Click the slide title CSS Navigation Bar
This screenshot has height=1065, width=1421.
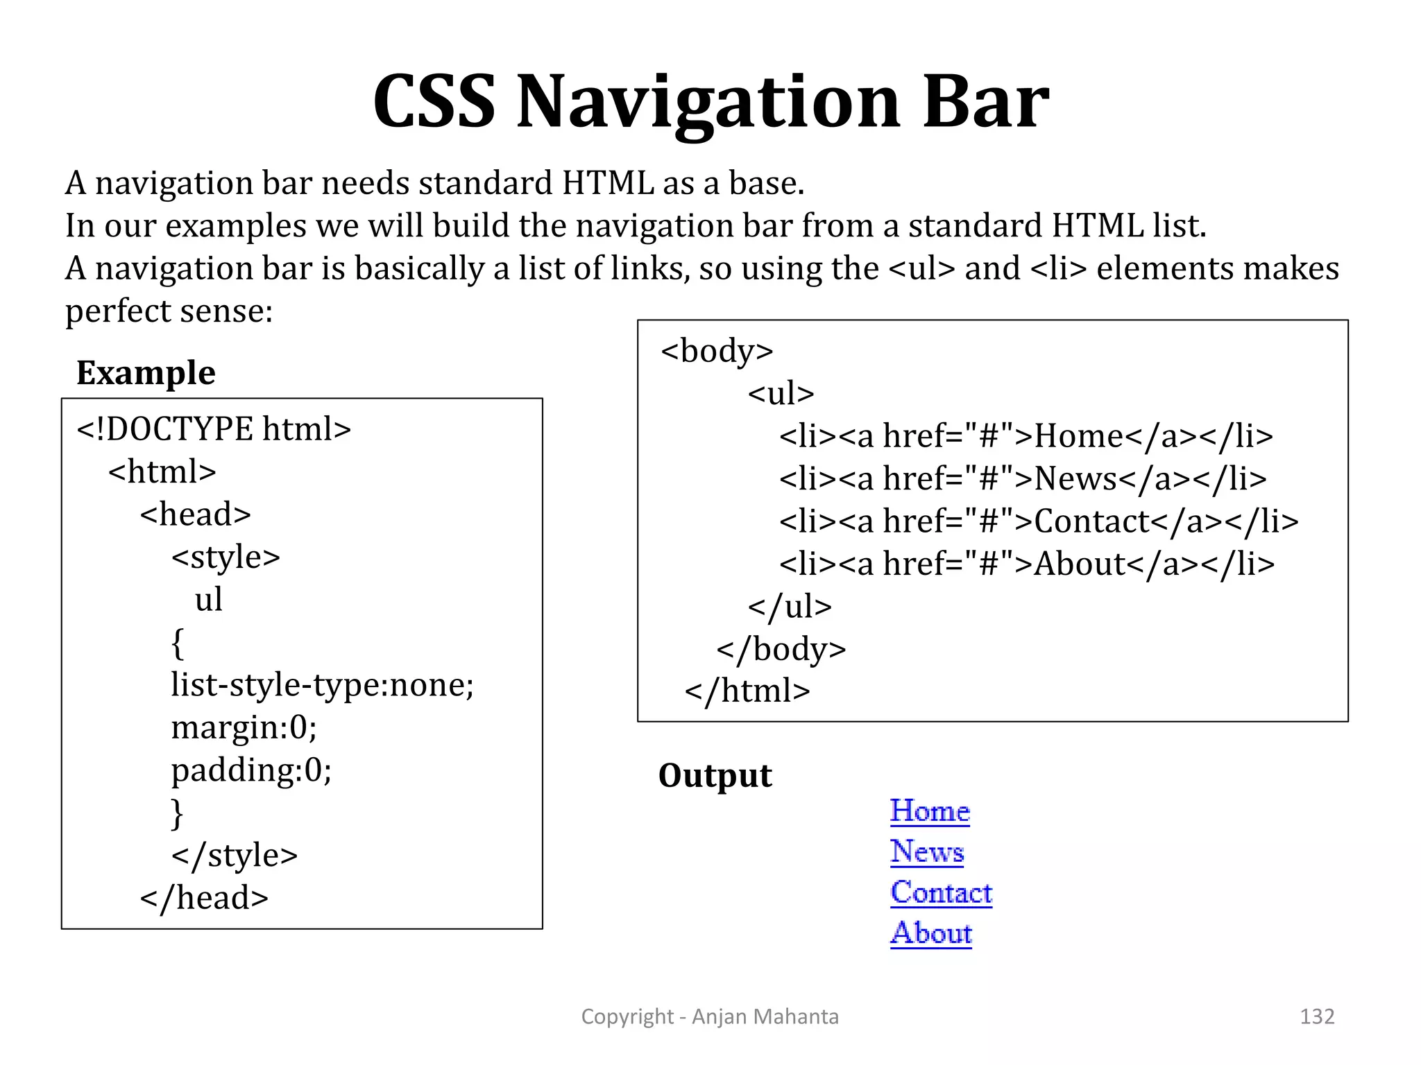710,102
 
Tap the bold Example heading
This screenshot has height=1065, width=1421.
146,373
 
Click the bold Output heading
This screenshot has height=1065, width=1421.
715,775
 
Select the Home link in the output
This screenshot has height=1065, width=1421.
930,811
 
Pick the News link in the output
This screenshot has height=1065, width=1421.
927,851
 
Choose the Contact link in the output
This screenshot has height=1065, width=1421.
942,892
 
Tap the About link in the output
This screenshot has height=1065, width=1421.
931,933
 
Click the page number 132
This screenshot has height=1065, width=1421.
1316,1016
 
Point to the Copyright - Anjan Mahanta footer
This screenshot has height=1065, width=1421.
710,1016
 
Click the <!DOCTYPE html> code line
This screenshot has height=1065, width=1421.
214,429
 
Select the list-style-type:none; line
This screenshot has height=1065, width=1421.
322,685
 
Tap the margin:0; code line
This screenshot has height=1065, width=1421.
244,727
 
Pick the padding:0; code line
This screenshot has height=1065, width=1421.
251,770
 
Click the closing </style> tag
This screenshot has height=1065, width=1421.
235,856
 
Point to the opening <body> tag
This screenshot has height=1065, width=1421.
717,351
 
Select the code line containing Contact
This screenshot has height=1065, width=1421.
1038,521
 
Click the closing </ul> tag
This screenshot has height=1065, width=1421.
790,607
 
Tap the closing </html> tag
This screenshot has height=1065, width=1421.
747,691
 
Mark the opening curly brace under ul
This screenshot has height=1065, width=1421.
178,643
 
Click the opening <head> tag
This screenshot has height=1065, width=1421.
195,514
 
